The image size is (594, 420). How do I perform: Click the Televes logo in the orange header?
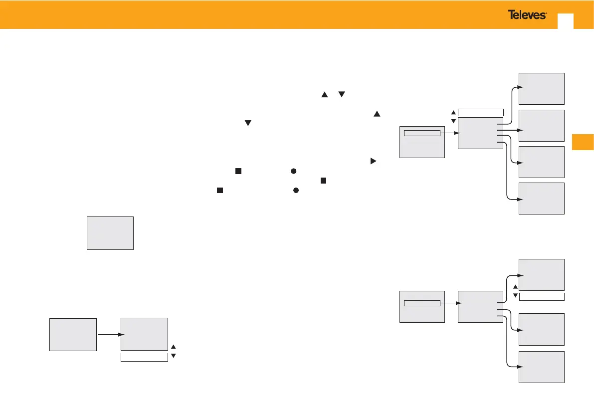click(x=527, y=15)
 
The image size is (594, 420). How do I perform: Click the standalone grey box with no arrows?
click(x=110, y=233)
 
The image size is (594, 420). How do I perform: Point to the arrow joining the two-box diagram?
click(x=109, y=335)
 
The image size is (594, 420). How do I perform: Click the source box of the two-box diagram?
click(x=73, y=334)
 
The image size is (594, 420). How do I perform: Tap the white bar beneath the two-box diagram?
click(x=144, y=357)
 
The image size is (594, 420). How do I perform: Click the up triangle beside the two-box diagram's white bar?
click(x=173, y=346)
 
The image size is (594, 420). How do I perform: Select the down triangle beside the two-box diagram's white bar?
click(x=173, y=356)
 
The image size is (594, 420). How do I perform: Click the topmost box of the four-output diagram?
click(x=541, y=88)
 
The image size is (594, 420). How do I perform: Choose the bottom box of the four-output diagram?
click(x=541, y=199)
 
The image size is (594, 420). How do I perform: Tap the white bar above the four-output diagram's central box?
click(x=480, y=112)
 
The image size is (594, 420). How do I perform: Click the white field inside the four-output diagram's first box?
click(x=422, y=133)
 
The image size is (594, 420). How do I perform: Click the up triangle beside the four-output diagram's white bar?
click(x=453, y=112)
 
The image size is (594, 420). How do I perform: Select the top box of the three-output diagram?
click(x=541, y=274)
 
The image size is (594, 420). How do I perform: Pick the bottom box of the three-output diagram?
click(x=541, y=367)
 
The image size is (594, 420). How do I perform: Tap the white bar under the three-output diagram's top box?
click(x=541, y=296)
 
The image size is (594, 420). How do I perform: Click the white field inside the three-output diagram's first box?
click(x=422, y=303)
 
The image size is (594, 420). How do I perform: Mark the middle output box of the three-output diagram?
click(x=541, y=329)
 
